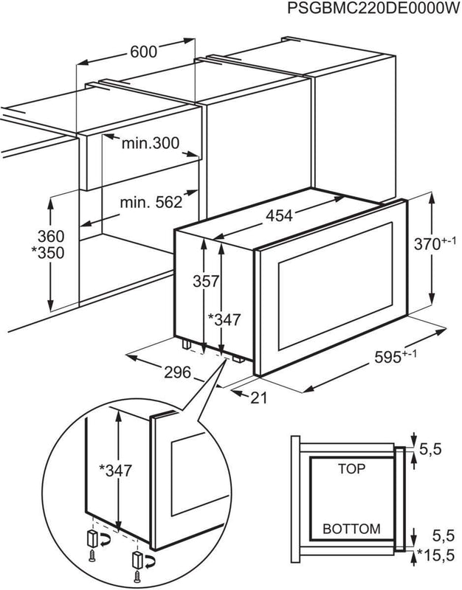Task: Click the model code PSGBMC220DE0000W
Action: [x=374, y=8]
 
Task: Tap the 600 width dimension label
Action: [x=143, y=52]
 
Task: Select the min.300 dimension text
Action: [x=151, y=143]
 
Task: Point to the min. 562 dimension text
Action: [x=151, y=202]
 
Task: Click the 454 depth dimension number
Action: [x=280, y=216]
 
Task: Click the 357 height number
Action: [x=206, y=281]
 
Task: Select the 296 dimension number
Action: [x=178, y=372]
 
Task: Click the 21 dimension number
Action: [x=258, y=398]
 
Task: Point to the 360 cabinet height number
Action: [x=51, y=236]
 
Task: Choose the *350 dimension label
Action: [x=47, y=253]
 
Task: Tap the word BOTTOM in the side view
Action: [x=352, y=529]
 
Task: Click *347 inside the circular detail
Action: [x=115, y=471]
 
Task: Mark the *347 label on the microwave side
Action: [x=224, y=319]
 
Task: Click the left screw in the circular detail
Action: [x=92, y=556]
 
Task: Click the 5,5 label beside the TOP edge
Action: [x=430, y=449]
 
